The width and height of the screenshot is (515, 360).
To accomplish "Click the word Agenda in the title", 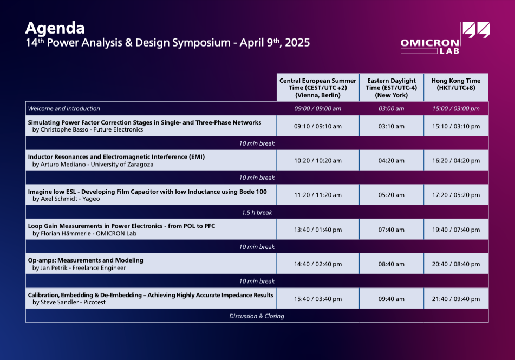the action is pyautogui.click(x=55, y=29).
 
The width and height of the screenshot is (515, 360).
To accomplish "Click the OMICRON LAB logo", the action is pyautogui.click(x=445, y=38).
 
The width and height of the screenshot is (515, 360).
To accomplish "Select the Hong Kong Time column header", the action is pyautogui.click(x=456, y=84).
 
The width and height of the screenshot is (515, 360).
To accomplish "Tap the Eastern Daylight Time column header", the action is pyautogui.click(x=392, y=88).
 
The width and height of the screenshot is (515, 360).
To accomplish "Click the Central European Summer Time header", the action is pyautogui.click(x=317, y=88).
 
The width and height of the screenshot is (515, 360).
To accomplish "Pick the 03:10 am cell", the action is pyautogui.click(x=391, y=126).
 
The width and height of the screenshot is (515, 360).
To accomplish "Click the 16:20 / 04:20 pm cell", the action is pyautogui.click(x=456, y=161).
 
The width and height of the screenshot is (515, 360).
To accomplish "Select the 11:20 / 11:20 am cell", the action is pyautogui.click(x=317, y=195).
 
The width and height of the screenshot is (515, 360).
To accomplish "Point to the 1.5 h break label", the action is pyautogui.click(x=257, y=213).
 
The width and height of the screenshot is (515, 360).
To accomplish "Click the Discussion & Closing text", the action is pyautogui.click(x=257, y=316).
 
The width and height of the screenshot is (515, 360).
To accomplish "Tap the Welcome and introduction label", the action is pyautogui.click(x=64, y=108).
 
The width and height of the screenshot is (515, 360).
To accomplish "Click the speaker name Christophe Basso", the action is pyautogui.click(x=64, y=129).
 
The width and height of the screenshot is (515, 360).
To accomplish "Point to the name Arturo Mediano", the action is pyautogui.click(x=63, y=164).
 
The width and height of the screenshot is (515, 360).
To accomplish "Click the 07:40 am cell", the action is pyautogui.click(x=391, y=230).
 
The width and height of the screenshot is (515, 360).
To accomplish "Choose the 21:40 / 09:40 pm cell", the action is pyautogui.click(x=456, y=299).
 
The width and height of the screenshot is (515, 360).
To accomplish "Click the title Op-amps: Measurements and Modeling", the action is pyautogui.click(x=86, y=260).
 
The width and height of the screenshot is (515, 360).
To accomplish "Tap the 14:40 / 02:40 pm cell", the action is pyautogui.click(x=317, y=264).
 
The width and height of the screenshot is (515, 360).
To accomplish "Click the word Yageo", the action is pyautogui.click(x=91, y=199).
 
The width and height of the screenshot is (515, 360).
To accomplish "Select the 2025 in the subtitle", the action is pyautogui.click(x=297, y=43).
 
